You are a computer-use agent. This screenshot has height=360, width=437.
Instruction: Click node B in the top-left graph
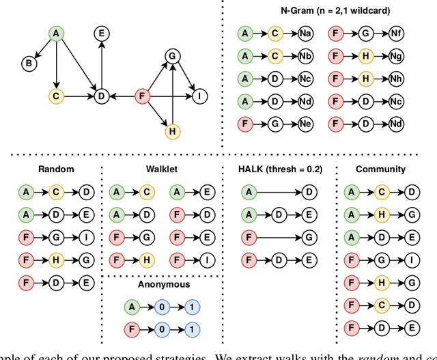pyautogui.click(x=29, y=64)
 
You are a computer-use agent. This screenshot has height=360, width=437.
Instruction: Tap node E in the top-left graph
pyautogui.click(x=102, y=33)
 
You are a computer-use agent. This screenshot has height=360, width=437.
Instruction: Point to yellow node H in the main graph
pyautogui.click(x=173, y=130)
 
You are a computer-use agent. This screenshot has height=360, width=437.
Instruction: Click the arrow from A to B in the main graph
pyautogui.click(x=42, y=48)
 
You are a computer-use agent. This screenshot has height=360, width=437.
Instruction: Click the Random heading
pyautogui.click(x=57, y=169)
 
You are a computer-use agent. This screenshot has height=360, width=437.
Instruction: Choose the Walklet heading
pyautogui.click(x=162, y=169)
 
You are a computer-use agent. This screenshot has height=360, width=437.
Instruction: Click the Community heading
pyautogui.click(x=380, y=169)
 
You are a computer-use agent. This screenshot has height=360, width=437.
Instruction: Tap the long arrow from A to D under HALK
pyautogui.click(x=279, y=193)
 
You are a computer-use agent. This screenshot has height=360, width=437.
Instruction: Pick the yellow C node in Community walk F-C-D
pyautogui.click(x=380, y=305)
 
